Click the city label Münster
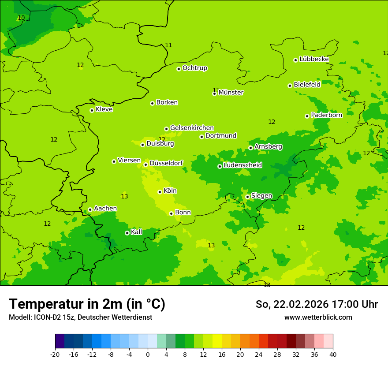point(231,93)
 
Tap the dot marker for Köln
point(160,192)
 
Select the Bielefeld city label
point(307,85)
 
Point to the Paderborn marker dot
point(307,116)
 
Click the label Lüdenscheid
point(242,165)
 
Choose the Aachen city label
point(105,209)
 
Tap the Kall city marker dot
point(127,233)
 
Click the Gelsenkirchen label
point(192,128)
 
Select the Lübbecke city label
point(314,59)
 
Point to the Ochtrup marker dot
point(179,69)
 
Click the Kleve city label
point(104,109)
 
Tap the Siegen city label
point(261,196)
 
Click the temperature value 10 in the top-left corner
point(21,18)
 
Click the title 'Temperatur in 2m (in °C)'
point(87,304)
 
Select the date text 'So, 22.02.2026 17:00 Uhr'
point(317,304)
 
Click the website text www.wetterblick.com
point(318,317)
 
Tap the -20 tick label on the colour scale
point(55,355)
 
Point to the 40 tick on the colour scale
point(332,355)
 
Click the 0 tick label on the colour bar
point(148,355)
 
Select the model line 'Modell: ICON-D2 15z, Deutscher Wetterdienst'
point(80,317)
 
